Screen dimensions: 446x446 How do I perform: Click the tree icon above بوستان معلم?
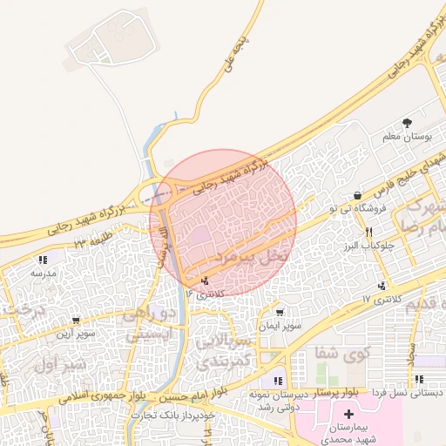pos(407,123)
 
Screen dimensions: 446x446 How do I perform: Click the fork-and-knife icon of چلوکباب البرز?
pos(369,232)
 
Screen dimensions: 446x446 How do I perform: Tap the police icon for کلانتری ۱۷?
pos(382,287)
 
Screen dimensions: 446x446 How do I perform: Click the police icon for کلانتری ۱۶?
pos(206,280)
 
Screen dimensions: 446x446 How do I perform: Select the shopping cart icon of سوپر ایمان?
pos(279,313)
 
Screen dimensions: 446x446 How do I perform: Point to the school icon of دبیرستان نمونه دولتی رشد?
pos(278,380)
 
